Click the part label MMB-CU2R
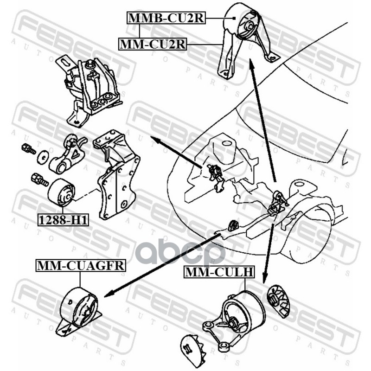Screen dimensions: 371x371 click(x=165, y=18)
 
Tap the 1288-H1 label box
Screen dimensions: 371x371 click(x=63, y=220)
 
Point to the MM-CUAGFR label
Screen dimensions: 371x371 click(x=80, y=266)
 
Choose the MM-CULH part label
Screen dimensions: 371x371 click(x=218, y=272)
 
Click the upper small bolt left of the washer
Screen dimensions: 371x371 click(x=28, y=149)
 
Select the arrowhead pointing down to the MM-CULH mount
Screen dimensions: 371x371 click(x=265, y=278)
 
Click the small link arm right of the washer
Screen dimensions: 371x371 click(x=67, y=155)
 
